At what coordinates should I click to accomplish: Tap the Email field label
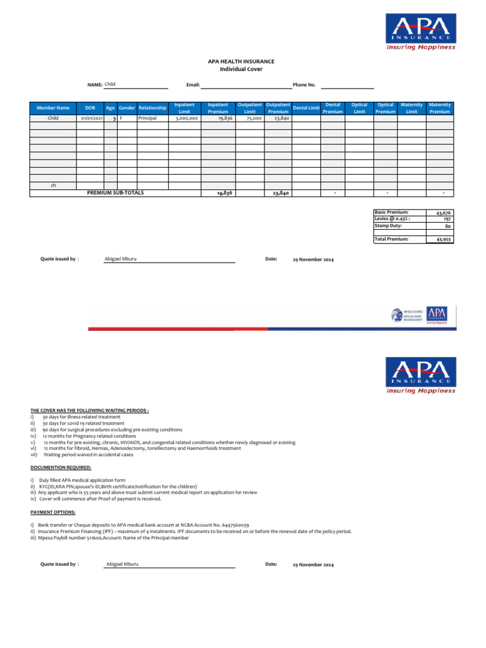[193, 84]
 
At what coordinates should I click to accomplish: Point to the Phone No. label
[304, 84]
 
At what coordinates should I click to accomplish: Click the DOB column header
[90, 108]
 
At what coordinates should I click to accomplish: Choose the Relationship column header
[153, 108]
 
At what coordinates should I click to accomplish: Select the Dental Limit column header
[306, 108]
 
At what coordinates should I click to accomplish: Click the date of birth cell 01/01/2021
[90, 118]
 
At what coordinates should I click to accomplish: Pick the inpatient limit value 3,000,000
[187, 118]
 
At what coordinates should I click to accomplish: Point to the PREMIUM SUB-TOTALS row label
[115, 192]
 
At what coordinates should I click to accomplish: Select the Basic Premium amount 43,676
[442, 213]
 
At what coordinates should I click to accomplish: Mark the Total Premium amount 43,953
[442, 240]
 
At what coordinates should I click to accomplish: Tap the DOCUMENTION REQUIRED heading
[61, 467]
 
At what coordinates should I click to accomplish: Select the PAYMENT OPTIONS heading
[53, 512]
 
